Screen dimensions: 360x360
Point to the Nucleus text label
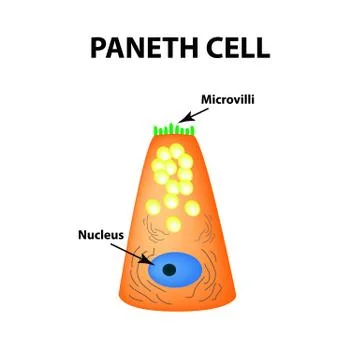point(100,236)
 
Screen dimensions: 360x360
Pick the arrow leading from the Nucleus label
point(138,252)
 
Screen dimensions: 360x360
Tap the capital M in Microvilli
point(205,100)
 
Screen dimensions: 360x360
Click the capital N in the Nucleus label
point(82,236)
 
